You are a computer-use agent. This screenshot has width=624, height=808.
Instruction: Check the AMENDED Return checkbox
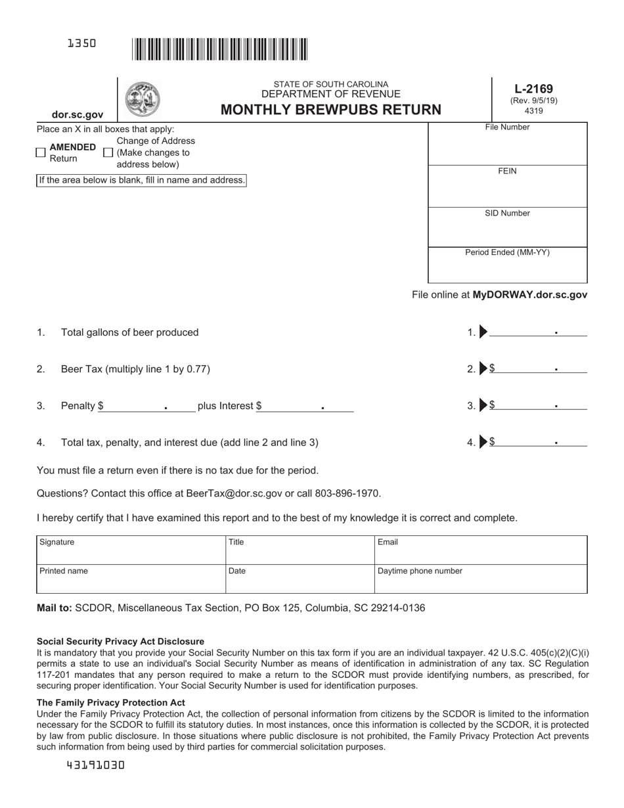click(41, 152)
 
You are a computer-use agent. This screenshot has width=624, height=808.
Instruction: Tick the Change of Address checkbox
click(108, 152)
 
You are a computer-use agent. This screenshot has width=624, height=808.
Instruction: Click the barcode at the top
click(219, 50)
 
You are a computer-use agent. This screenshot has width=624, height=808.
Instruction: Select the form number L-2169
click(533, 89)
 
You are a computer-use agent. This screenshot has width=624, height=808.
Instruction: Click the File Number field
click(507, 148)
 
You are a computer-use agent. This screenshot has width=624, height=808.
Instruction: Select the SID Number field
click(507, 231)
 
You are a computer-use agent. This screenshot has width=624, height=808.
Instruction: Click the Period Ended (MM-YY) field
click(507, 269)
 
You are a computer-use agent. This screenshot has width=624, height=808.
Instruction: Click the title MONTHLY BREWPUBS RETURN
click(331, 110)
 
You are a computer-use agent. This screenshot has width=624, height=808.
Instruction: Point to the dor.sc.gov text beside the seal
click(78, 114)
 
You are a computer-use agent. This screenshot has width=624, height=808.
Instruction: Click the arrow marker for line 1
click(483, 332)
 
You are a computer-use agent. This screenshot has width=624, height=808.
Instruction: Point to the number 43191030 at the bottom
click(96, 765)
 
